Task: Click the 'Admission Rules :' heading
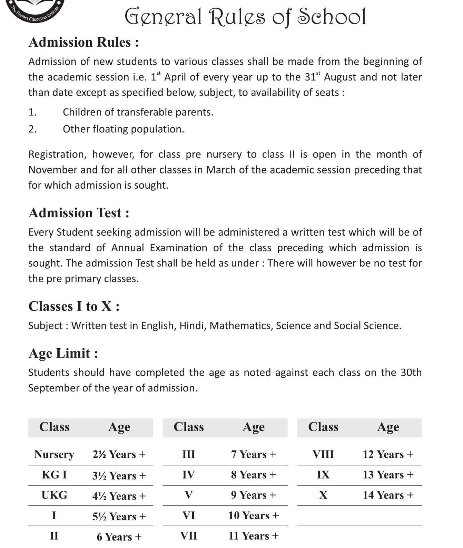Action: tap(84, 42)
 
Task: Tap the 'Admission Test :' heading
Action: tap(79, 213)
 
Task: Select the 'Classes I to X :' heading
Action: tap(74, 306)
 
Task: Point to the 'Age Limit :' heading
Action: tap(63, 353)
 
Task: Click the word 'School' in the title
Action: tap(332, 16)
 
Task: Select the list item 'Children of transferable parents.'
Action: tap(138, 112)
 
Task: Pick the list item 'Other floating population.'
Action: tap(124, 129)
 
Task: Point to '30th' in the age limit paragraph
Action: tap(411, 372)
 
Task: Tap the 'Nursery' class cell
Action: tap(54, 454)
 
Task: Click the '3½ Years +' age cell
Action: tap(119, 476)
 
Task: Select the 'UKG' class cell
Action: tap(54, 495)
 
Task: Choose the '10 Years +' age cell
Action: tap(254, 516)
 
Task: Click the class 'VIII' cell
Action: tap(323, 454)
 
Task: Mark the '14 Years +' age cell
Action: tap(388, 495)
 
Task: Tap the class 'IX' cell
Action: tap(323, 475)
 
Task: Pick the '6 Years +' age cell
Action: tap(119, 537)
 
